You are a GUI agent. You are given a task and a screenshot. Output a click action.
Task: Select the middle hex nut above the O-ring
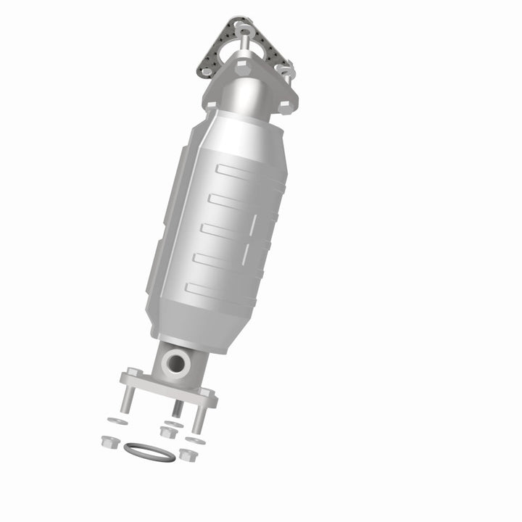click(x=167, y=432)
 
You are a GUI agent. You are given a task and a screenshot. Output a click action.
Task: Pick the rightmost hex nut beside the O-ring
click(x=187, y=455)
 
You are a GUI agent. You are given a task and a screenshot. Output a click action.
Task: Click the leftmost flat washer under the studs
click(x=114, y=420)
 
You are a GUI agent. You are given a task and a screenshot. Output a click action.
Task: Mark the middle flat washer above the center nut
click(x=172, y=423)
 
